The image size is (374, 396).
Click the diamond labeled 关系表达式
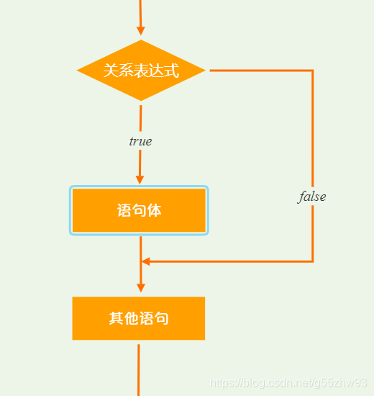(x=141, y=71)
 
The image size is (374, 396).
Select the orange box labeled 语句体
(x=139, y=210)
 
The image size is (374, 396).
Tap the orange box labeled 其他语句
(x=139, y=318)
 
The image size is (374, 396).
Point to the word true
(x=140, y=141)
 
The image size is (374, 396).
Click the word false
(x=312, y=197)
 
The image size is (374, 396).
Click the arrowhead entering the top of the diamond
(x=141, y=30)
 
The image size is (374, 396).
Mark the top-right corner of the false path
(x=313, y=71)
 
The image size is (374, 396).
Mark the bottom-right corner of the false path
(x=313, y=261)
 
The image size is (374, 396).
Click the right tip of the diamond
(x=204, y=71)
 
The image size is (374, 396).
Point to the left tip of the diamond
(x=78, y=71)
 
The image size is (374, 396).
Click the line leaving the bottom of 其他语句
(x=139, y=367)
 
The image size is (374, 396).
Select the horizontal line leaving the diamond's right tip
(x=259, y=71)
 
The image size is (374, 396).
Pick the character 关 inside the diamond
(x=110, y=71)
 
